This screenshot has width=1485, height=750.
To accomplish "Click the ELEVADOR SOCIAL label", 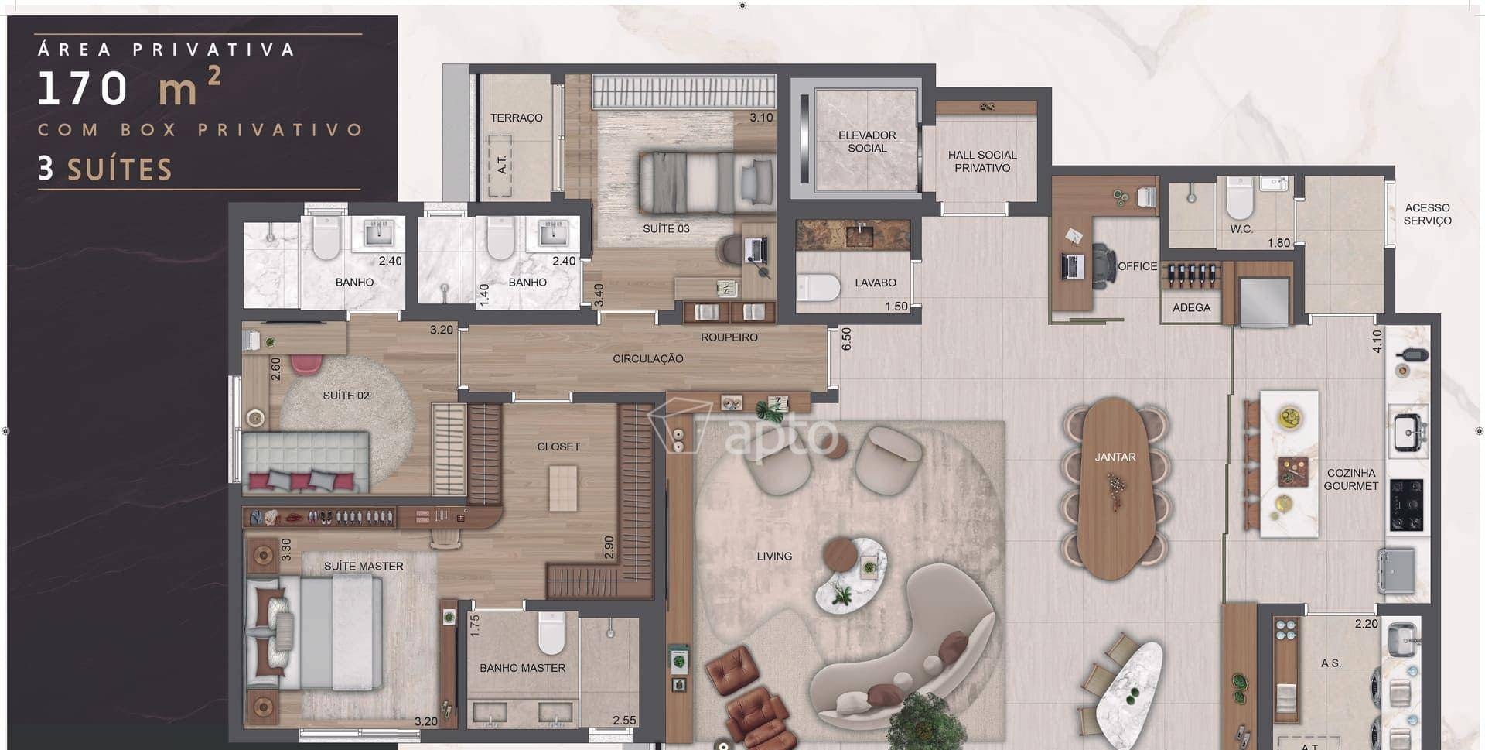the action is point(867,142).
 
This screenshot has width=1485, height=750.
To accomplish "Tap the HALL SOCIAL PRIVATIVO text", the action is point(982,161).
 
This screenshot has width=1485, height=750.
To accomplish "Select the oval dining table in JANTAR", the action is point(1115,488).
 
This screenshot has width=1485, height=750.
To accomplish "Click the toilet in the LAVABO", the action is point(819,287).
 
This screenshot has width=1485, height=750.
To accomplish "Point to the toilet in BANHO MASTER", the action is point(552,632).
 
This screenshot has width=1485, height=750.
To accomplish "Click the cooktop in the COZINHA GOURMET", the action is point(1406,505).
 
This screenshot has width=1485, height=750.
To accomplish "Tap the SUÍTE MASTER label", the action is point(364,567).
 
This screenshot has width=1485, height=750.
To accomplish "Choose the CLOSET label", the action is point(558,447).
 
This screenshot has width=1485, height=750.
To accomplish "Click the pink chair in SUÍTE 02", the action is point(306,365).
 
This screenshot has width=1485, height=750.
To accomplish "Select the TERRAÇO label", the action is point(516,118).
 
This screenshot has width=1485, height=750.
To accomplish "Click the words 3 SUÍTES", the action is point(105,169).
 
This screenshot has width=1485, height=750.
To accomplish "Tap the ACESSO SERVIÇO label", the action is point(1427,214).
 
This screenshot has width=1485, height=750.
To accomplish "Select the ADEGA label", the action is point(1191,307).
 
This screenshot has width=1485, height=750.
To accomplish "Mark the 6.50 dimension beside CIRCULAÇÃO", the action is point(846,339).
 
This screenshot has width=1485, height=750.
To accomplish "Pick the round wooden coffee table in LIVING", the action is point(840,553).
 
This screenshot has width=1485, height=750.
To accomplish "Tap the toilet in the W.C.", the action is point(1240,198).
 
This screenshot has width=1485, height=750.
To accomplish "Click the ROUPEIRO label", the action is point(729,337).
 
